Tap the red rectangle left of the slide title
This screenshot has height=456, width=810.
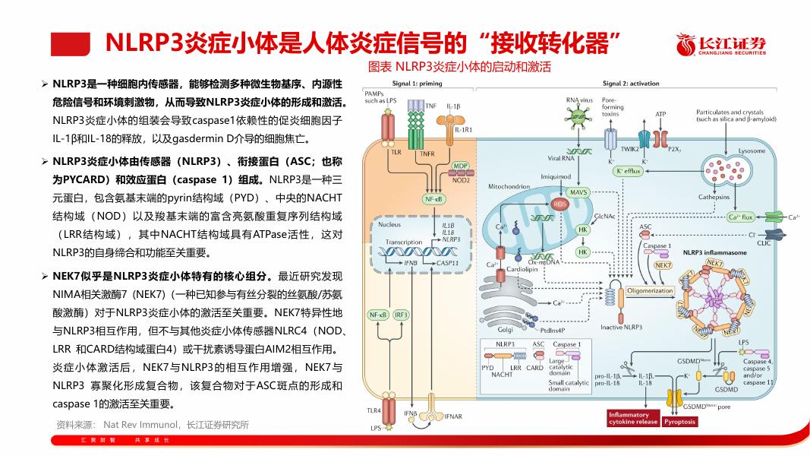point(70,44)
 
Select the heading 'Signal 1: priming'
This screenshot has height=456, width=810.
point(417,84)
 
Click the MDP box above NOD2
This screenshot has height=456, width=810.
point(460,166)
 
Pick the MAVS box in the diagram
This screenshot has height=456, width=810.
point(579,192)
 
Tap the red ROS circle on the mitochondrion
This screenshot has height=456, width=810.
point(560,204)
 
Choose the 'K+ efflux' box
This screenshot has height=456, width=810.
point(629,172)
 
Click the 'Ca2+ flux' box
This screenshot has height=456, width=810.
point(740,217)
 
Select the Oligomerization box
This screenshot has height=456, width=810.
point(651,290)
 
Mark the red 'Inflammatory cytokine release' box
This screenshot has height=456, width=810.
point(632,418)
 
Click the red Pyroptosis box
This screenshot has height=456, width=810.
point(679,421)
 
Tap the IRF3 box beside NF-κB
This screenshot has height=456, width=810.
point(401,315)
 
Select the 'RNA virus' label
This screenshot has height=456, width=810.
point(579,100)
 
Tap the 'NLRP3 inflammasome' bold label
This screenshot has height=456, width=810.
point(714,252)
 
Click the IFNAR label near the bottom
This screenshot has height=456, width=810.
point(453,416)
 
